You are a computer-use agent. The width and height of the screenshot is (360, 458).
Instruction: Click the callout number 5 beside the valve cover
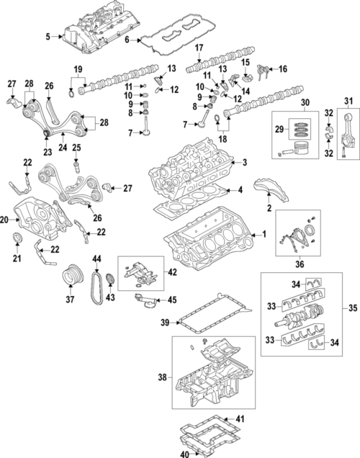coord(48,36)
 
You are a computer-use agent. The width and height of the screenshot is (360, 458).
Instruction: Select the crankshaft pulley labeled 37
coord(71,276)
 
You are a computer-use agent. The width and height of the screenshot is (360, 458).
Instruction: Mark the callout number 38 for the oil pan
coord(163,376)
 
